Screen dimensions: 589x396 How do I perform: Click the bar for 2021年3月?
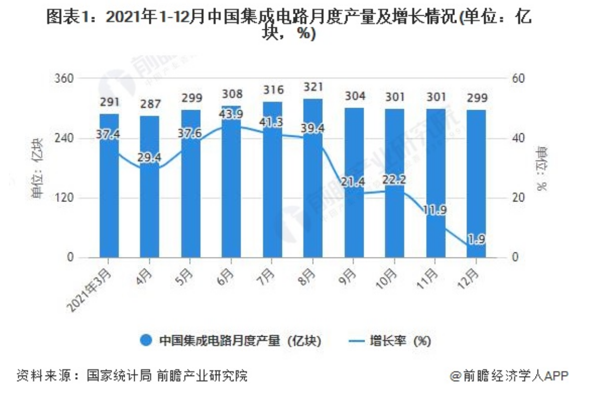coord(109,185)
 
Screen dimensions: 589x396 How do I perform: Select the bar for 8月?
coord(313,178)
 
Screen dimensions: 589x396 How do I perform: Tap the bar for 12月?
coord(476,184)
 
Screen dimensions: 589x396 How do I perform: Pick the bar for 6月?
coord(231,181)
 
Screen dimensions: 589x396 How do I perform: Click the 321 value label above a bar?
coord(313,87)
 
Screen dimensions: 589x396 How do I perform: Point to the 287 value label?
coord(150,104)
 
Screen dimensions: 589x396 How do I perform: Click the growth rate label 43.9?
coord(232,114)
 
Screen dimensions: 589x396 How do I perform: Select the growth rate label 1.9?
coord(477,239)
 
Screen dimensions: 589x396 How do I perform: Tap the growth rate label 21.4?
coord(353,182)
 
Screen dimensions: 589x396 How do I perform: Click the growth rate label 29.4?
coord(149,157)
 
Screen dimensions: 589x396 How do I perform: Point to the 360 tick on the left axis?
coord(64,79)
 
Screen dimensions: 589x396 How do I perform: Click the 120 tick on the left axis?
coord(64,198)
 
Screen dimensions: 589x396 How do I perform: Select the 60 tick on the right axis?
coord(518,79)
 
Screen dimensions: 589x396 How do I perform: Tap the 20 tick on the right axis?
coord(518,198)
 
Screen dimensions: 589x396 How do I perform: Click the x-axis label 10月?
coord(387,279)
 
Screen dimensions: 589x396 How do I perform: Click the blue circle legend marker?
coord(146,340)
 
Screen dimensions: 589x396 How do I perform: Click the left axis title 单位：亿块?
coord(37,168)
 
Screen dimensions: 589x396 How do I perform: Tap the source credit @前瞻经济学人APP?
coord(509,376)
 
